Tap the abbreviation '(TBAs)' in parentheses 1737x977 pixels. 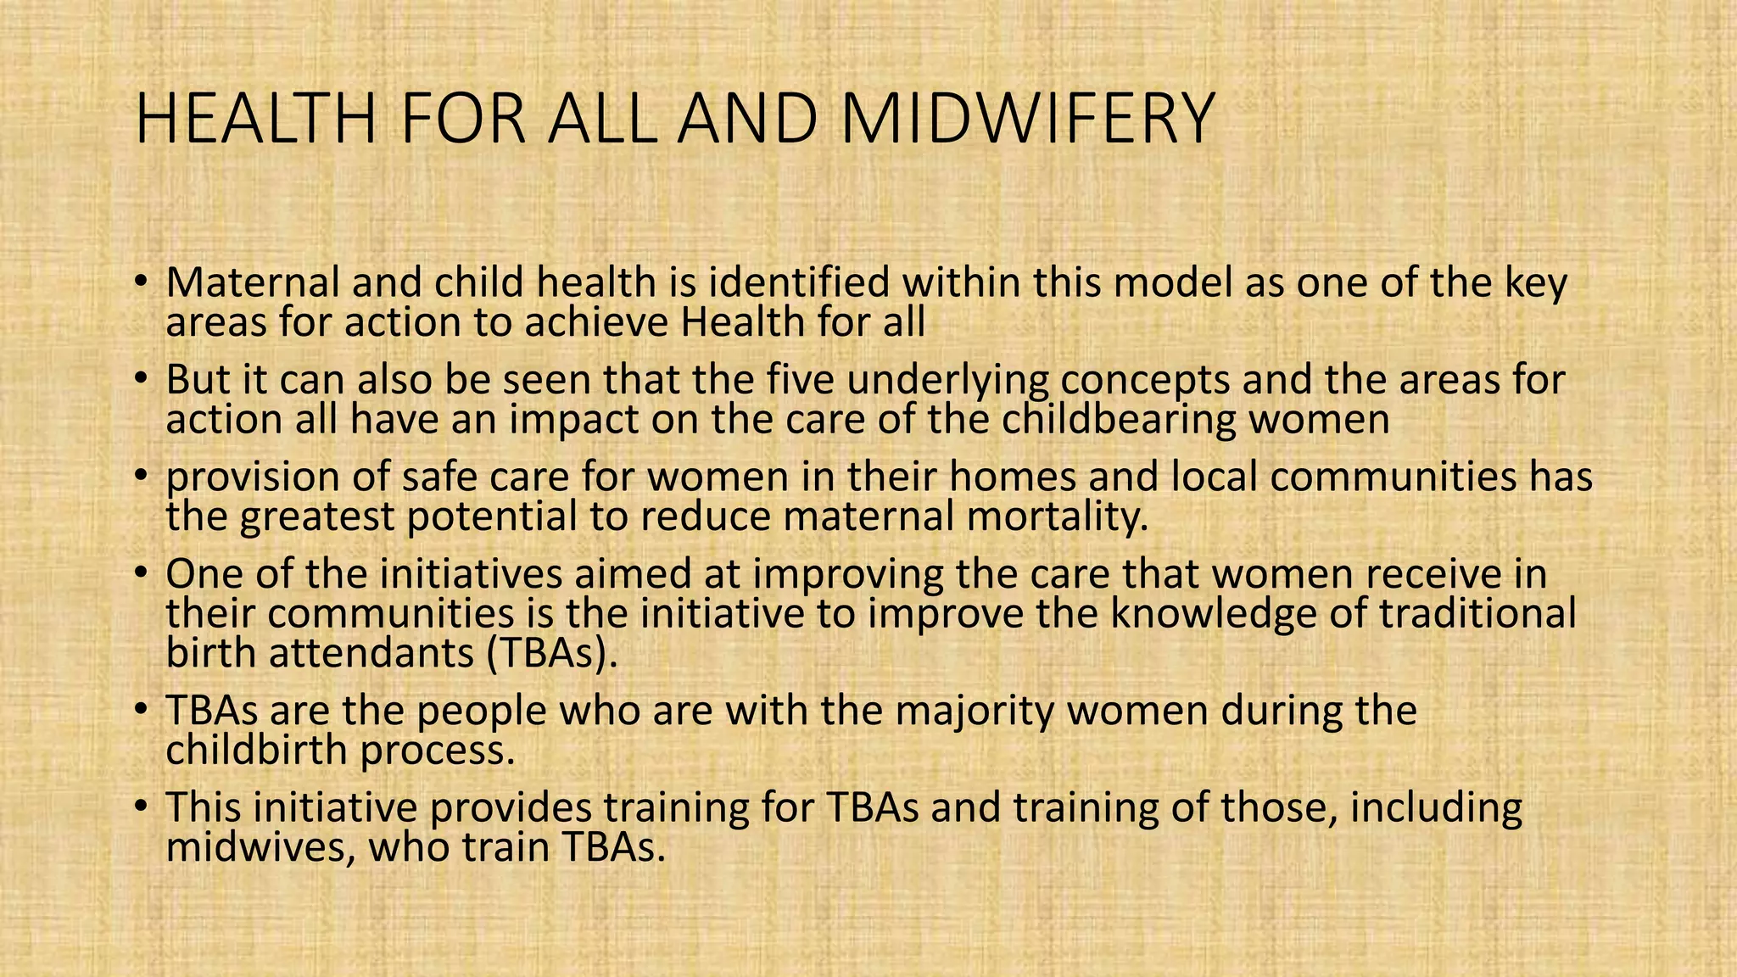coord(550,654)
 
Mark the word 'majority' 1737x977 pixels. coord(975,711)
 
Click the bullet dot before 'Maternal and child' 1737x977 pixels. coord(141,281)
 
